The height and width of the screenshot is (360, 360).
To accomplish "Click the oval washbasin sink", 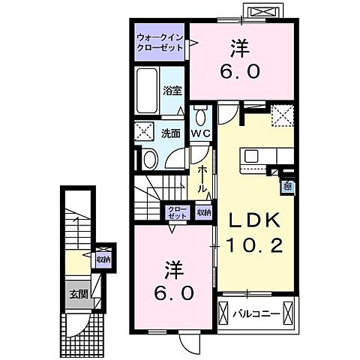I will tap(149, 157).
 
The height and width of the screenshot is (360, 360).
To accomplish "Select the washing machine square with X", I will tap(145, 132).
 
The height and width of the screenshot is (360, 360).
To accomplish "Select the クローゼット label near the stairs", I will tap(177, 211).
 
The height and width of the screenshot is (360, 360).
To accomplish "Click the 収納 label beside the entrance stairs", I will tap(103, 259).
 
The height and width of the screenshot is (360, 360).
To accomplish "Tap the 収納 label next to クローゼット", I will tap(204, 211).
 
